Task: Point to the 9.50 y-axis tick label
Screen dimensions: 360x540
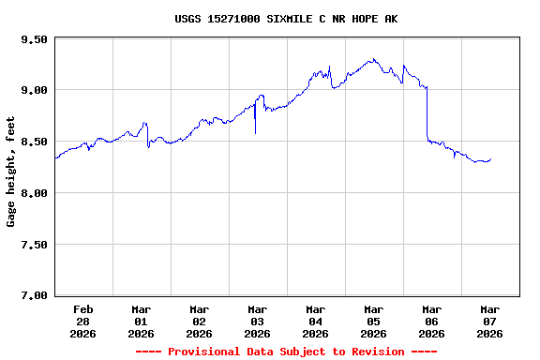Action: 33,39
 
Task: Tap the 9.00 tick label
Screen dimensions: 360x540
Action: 33,90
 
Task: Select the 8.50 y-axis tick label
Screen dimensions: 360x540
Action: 33,142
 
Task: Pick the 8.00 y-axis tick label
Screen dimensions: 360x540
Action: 33,193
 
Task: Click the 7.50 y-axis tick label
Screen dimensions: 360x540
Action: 33,245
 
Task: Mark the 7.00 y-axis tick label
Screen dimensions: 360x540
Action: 33,295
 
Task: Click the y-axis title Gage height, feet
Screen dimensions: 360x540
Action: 11,171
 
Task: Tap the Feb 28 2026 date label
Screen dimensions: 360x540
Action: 83,321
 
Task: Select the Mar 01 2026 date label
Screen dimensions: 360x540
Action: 142,321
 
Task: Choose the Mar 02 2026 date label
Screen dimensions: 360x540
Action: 200,321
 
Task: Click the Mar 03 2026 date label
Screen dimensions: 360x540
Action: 258,321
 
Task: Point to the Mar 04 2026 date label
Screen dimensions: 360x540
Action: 316,321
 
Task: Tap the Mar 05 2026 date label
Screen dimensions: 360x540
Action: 374,321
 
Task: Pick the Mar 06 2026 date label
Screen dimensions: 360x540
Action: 432,321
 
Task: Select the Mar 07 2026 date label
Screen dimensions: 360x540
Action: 490,321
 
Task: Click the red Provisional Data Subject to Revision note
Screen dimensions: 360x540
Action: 286,352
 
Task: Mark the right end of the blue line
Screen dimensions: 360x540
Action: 490,159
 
